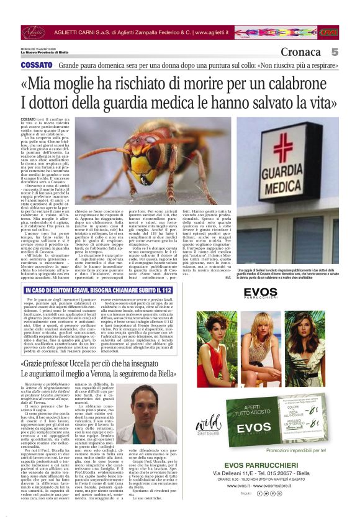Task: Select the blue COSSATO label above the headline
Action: (x=37, y=65)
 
